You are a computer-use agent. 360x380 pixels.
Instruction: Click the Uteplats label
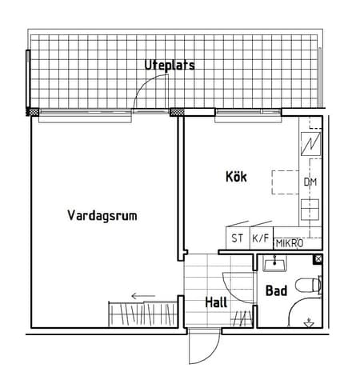click(169, 65)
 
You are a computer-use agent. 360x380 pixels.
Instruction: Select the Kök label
click(235, 178)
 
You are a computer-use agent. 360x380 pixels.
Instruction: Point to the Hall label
click(215, 303)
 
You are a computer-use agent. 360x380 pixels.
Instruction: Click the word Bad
click(276, 291)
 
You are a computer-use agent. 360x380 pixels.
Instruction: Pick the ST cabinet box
click(237, 238)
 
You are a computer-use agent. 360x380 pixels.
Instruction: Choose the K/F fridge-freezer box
click(260, 238)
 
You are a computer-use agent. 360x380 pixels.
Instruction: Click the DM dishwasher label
click(310, 182)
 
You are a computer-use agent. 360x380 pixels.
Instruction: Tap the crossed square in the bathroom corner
click(318, 259)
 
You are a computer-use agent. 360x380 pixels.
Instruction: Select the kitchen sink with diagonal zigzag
click(310, 147)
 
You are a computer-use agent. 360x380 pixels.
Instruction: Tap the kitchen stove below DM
click(310, 210)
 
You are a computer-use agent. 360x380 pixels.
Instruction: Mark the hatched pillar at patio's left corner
click(34, 111)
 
